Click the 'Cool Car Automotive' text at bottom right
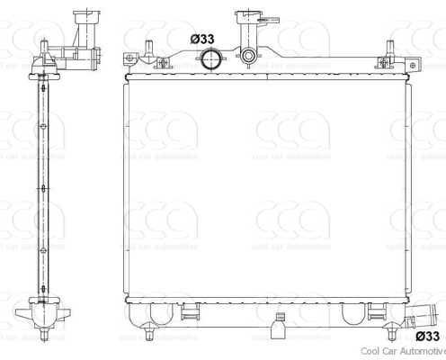pyautogui.click(x=402, y=352)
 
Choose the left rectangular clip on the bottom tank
pyautogui.click(x=192, y=312)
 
